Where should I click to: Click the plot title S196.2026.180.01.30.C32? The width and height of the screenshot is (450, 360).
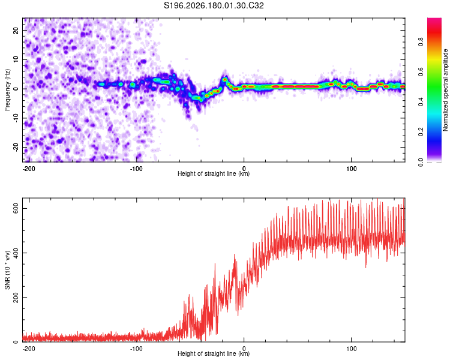coord(214,5)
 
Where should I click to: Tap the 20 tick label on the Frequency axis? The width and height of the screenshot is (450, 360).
coord(16,31)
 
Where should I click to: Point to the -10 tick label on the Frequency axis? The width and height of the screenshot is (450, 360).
coord(16,118)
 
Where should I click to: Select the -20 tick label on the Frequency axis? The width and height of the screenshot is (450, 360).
coord(16,147)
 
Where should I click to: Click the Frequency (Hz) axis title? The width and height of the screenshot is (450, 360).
coord(7,90)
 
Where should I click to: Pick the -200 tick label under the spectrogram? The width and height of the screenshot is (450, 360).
coord(29,169)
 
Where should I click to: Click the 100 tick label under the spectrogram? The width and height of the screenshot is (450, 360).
coord(351,169)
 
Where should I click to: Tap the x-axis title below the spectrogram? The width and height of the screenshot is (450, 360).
coord(214,173)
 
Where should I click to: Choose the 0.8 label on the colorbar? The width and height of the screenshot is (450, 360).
coord(421,42)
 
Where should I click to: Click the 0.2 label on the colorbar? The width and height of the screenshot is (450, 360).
coord(421,132)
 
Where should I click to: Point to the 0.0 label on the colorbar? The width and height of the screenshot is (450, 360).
coord(421,163)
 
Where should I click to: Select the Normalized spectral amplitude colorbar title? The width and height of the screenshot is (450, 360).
coord(445,90)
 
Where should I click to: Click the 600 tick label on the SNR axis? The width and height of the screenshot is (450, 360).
coord(16,208)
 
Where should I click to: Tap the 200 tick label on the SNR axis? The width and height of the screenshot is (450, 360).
coord(16,298)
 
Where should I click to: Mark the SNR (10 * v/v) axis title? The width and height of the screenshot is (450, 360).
coord(7,270)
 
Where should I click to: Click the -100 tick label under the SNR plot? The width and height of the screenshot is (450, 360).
coord(136,349)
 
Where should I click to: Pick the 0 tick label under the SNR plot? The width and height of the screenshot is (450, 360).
coord(244,349)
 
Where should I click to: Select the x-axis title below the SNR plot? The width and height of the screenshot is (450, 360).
coord(214,353)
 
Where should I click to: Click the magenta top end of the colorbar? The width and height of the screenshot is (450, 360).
coord(434,19)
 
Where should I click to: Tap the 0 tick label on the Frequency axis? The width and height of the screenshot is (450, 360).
coord(16,89)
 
